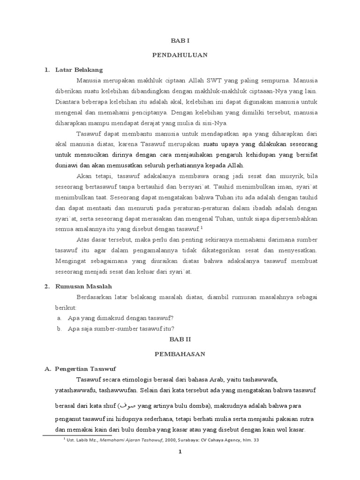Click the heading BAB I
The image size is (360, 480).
tap(180, 41)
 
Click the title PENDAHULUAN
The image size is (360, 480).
tap(180, 55)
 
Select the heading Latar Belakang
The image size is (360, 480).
tap(78, 70)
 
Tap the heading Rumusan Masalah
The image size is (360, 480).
tap(83, 286)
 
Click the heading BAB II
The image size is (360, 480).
tap(180, 338)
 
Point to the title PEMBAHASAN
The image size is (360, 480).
tap(180, 354)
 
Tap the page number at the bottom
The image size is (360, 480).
tap(180, 452)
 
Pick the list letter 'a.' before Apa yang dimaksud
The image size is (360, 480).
tap(60, 318)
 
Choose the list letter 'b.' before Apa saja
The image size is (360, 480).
tap(60, 328)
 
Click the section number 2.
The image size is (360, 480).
tap(47, 286)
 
